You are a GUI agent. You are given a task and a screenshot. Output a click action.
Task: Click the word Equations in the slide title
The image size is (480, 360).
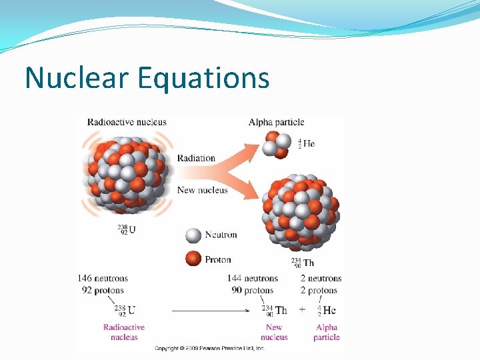tap(204, 79)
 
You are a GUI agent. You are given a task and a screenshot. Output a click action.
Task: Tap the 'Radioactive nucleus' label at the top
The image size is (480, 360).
tap(126, 122)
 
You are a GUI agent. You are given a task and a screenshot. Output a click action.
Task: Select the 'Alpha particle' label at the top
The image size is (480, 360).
tap(276, 122)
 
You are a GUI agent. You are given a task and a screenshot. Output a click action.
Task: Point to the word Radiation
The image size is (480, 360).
tap(196, 158)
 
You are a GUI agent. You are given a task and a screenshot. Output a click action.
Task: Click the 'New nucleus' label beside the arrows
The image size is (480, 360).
tap(202, 190)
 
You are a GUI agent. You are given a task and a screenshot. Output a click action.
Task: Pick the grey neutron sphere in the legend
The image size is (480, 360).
tap(193, 235)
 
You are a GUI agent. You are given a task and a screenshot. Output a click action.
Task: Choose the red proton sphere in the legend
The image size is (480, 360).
tap(193, 259)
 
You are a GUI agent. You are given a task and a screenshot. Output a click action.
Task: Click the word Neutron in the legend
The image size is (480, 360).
tap(221, 235)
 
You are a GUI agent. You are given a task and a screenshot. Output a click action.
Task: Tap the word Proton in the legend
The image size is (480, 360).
tap(218, 259)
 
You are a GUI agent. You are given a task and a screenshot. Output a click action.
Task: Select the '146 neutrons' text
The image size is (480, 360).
tap(102, 278)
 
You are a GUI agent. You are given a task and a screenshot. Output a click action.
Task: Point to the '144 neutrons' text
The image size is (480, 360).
tap(252, 278)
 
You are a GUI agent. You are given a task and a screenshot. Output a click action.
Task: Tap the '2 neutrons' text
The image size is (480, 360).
tap(321, 278)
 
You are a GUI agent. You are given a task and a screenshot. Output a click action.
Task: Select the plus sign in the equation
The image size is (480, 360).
tap(302, 310)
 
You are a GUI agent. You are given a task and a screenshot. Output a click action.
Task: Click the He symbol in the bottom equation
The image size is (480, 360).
tap(329, 310)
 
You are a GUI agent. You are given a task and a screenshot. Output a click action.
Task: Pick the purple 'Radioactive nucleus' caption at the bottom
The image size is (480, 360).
tap(124, 332)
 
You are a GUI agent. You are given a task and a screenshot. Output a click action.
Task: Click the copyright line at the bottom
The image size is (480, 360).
tap(209, 348)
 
